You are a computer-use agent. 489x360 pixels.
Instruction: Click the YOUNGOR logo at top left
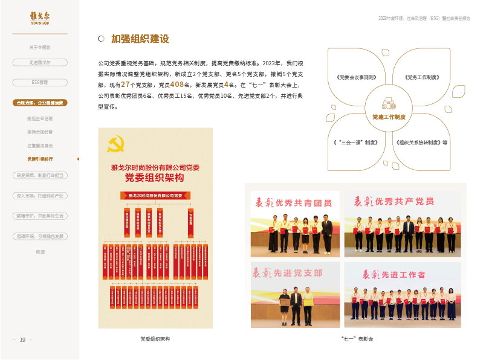click(39, 18)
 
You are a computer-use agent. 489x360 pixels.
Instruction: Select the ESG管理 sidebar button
click(39, 82)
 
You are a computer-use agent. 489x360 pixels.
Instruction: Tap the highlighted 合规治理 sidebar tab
click(40, 103)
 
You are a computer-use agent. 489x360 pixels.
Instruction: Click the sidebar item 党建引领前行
click(40, 159)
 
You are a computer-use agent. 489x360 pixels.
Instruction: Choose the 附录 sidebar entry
click(40, 252)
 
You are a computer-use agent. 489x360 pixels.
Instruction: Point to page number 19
click(22, 340)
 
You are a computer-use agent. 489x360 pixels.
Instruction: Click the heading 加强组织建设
click(140, 39)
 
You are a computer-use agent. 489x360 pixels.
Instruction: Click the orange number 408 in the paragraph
click(177, 85)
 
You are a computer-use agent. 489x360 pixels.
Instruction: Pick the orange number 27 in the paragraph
click(125, 85)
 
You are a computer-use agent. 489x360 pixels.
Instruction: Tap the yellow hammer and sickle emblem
click(115, 143)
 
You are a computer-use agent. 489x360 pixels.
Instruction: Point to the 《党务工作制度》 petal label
click(421, 77)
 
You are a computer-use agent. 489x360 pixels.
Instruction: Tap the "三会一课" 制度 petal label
click(356, 143)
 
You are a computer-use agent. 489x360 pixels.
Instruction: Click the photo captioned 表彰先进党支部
click(295, 295)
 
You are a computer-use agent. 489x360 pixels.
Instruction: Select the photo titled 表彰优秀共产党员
click(402, 224)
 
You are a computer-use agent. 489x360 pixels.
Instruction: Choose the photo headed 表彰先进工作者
click(402, 295)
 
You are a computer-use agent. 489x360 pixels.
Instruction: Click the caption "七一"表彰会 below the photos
click(357, 339)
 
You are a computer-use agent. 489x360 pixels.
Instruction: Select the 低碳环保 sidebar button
click(40, 236)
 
